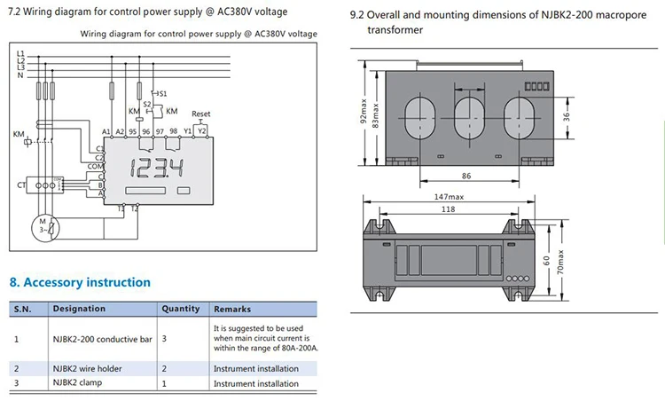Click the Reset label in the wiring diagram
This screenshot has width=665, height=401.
click(x=201, y=114)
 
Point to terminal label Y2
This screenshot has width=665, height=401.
click(x=202, y=130)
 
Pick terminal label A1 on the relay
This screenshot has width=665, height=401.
click(x=106, y=131)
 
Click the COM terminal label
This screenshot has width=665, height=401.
click(x=95, y=166)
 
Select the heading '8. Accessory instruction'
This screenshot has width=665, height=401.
click(x=80, y=282)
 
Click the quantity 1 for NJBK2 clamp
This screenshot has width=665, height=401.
click(x=164, y=383)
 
